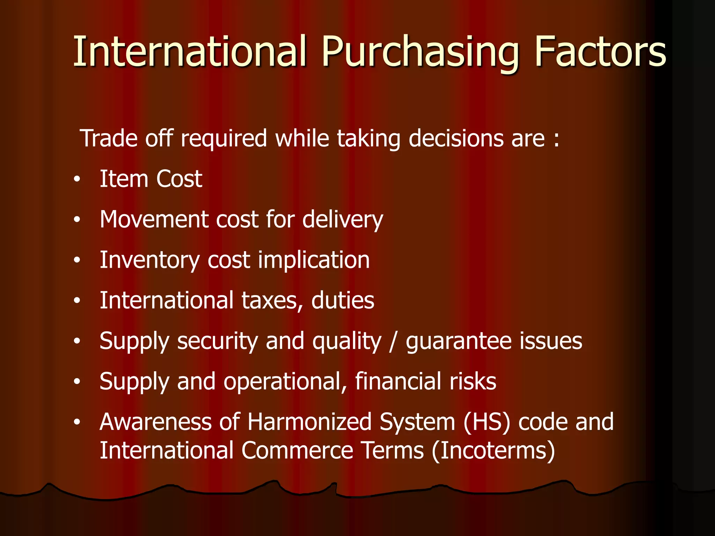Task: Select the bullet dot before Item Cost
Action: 77,180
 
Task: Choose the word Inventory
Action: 149,261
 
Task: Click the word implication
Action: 314,261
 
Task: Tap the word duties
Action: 342,300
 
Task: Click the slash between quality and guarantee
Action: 393,342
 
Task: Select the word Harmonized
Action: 309,422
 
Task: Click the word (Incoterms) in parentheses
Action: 493,451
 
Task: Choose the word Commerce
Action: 297,451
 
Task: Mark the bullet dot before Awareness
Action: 77,423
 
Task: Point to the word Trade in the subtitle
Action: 109,139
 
